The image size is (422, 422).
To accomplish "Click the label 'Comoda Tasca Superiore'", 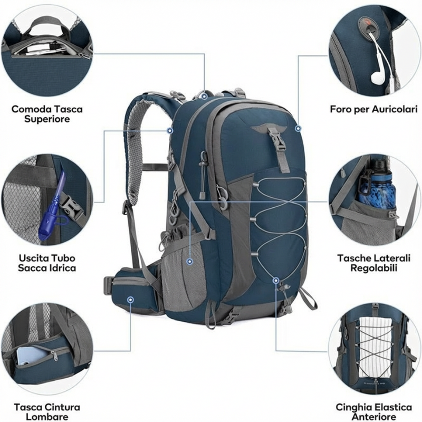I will pyautogui.click(x=47, y=114).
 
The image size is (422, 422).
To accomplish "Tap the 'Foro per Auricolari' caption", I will pyautogui.click(x=373, y=109).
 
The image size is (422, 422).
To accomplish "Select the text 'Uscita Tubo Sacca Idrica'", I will pyautogui.click(x=46, y=263).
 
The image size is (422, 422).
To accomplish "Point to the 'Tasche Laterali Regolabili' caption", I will pyautogui.click(x=373, y=263).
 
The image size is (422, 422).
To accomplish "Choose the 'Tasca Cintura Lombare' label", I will pyautogui.click(x=47, y=412).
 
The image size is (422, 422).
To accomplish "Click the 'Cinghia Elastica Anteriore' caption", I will pyautogui.click(x=373, y=412).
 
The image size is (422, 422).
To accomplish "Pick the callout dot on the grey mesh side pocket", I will pyautogui.click(x=189, y=260).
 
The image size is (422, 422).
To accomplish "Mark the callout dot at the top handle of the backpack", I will pyautogui.click(x=204, y=95).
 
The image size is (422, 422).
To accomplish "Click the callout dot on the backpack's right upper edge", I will pyautogui.click(x=298, y=128).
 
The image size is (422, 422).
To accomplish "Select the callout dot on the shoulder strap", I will pyautogui.click(x=170, y=130).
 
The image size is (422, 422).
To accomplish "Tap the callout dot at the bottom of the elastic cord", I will pyautogui.click(x=275, y=280).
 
